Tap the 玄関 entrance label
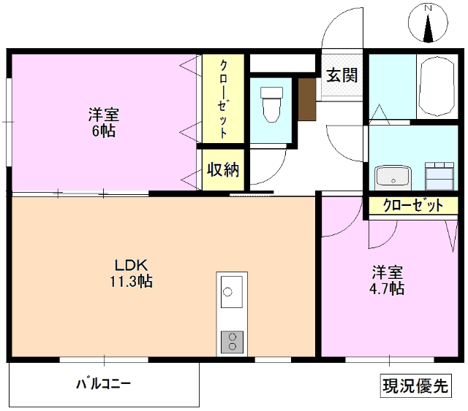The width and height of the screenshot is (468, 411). [341, 74]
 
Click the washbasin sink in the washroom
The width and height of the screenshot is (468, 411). [393, 176]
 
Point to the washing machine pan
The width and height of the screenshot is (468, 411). [439, 175]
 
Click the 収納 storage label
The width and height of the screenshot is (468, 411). [223, 170]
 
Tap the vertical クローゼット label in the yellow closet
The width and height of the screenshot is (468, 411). [224, 99]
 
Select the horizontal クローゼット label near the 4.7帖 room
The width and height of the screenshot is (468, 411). [413, 206]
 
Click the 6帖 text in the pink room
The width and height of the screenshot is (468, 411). [104, 131]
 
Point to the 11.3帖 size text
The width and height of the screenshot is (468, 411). [132, 281]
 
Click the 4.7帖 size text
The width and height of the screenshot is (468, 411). [387, 288]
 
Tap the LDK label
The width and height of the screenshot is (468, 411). [132, 265]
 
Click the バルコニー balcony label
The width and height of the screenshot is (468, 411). [103, 383]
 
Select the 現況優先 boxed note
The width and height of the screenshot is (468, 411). [415, 385]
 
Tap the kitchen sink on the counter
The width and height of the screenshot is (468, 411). [230, 293]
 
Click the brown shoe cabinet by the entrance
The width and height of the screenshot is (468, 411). [306, 96]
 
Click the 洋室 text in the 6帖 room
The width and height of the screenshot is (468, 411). [104, 115]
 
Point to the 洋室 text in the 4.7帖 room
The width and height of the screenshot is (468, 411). [387, 272]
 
